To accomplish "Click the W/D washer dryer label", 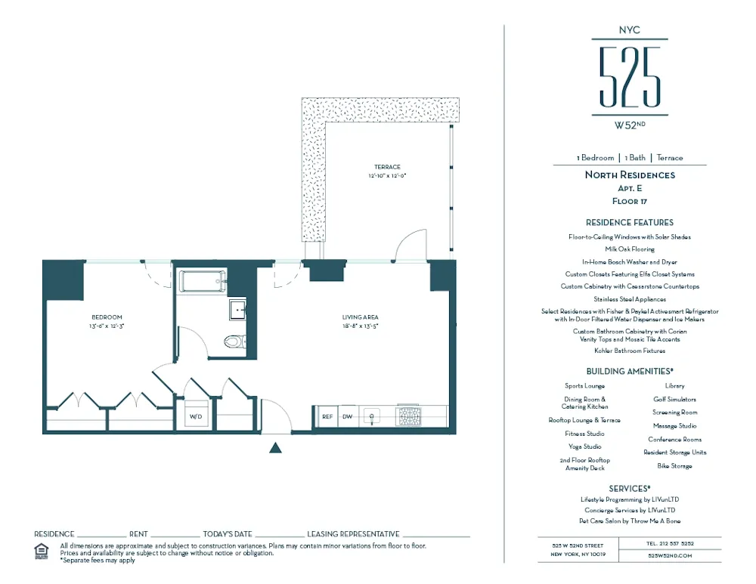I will pyautogui.click(x=195, y=416).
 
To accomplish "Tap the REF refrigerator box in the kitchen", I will pyautogui.click(x=327, y=416).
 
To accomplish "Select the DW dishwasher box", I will pyautogui.click(x=348, y=416).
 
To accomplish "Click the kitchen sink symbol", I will pyautogui.click(x=372, y=416).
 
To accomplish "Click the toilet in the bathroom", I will pyautogui.click(x=235, y=341).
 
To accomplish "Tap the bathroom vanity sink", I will pyautogui.click(x=237, y=310).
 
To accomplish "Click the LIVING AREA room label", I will pyautogui.click(x=360, y=317).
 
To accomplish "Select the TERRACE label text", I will pyautogui.click(x=386, y=167).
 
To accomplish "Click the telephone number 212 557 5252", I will pyautogui.click(x=671, y=543).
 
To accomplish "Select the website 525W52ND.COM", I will pyautogui.click(x=671, y=555).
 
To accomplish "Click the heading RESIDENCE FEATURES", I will pyautogui.click(x=629, y=223).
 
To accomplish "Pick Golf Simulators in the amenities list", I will pyautogui.click(x=674, y=399).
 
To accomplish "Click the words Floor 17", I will pyautogui.click(x=629, y=202).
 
